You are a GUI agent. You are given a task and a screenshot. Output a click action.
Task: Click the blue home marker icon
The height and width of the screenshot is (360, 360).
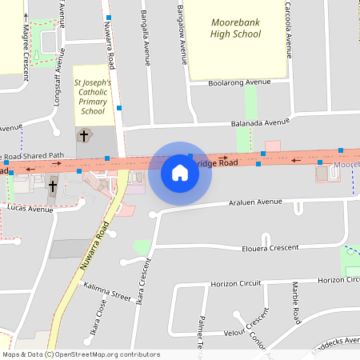[x=180, y=173]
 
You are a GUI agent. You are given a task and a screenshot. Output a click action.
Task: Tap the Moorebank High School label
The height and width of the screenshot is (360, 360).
[x=236, y=28]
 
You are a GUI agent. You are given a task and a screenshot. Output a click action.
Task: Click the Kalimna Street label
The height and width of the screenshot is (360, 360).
[x=106, y=292]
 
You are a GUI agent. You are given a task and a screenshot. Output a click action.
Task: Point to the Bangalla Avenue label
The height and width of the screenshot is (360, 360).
[x=146, y=38]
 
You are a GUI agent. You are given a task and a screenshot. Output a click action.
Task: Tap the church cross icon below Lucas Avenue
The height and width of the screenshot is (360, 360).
[x=53, y=186]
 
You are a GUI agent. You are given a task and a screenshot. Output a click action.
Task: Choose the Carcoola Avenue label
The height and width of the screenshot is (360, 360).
[x=288, y=24]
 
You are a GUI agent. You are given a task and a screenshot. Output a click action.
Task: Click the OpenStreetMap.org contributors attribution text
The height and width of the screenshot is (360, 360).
[x=106, y=354]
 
